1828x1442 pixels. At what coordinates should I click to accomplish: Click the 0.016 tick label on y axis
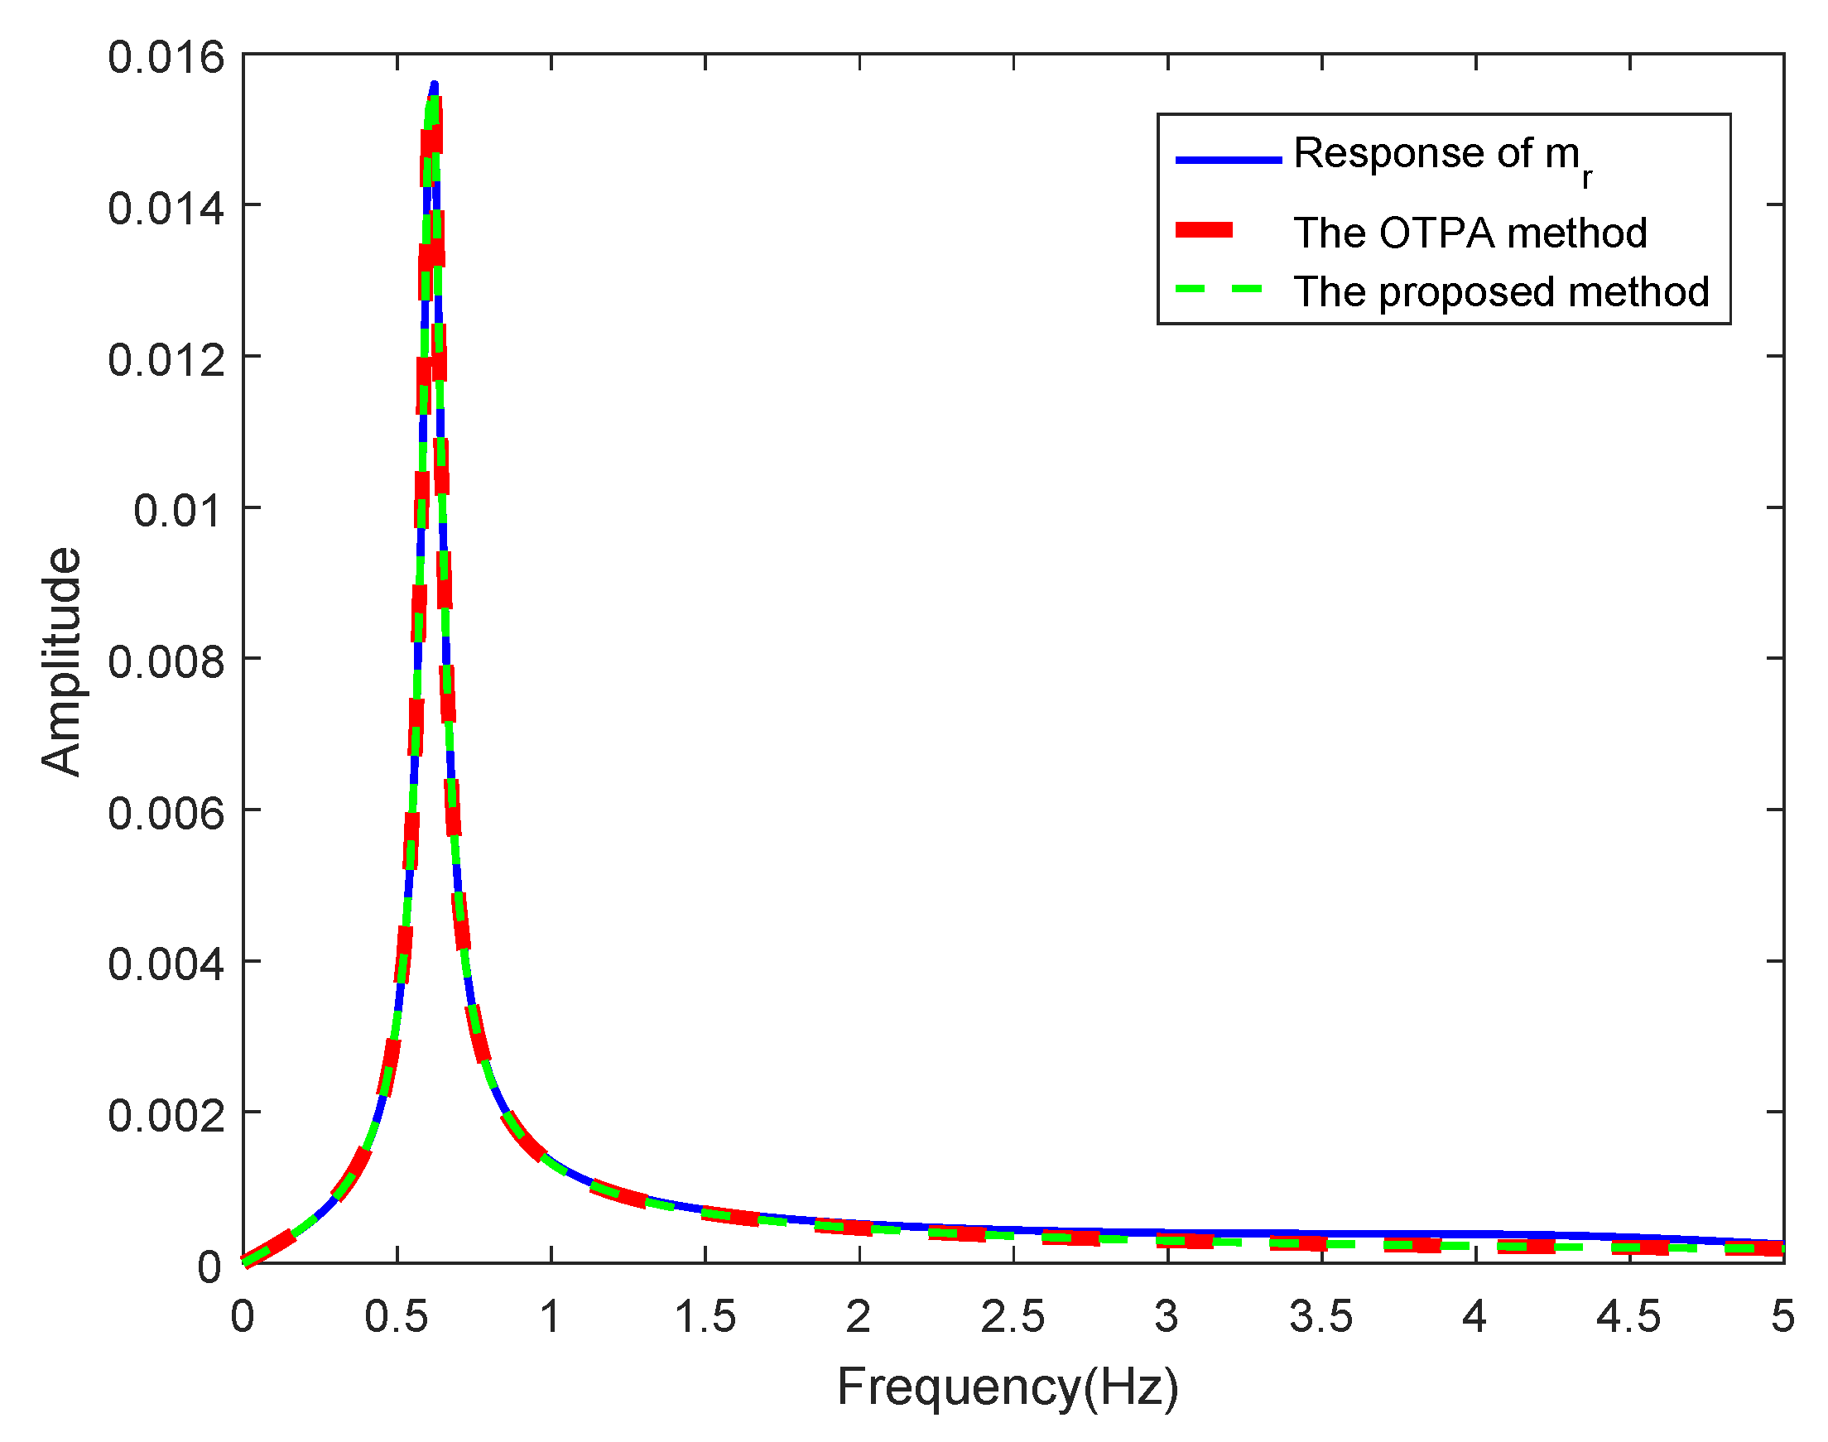point(166,57)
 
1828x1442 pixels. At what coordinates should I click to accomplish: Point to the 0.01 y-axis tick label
point(178,511)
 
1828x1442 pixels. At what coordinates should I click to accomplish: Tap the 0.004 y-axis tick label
point(166,964)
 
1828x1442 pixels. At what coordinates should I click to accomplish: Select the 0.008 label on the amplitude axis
point(166,662)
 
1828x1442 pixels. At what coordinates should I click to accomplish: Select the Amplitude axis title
point(61,661)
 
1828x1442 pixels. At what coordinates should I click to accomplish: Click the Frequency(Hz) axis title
point(1008,1387)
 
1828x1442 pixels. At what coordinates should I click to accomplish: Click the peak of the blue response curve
point(434,84)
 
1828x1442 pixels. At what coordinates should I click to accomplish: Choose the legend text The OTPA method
point(1470,233)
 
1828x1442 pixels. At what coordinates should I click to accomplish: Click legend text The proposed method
point(1501,292)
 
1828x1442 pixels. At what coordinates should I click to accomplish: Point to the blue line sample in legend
point(1229,159)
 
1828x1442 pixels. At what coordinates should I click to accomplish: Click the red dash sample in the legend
point(1205,230)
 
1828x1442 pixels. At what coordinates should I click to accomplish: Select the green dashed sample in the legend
point(1219,289)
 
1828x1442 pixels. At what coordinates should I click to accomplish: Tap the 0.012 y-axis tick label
point(166,359)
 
